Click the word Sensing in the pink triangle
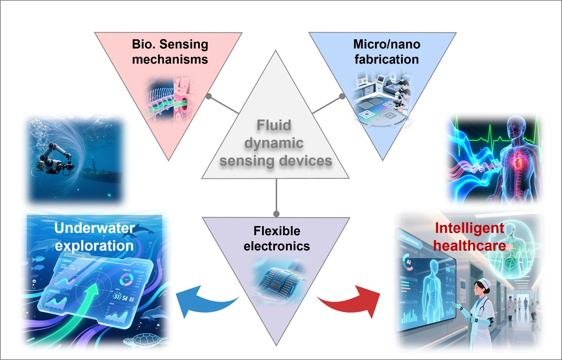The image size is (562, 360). tap(184, 45)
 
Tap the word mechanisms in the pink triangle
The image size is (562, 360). tap(170, 59)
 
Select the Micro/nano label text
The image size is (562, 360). tap(387, 44)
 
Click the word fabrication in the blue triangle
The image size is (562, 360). tap(387, 59)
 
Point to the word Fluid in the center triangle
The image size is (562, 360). tap(274, 125)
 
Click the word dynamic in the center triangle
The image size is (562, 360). tap(274, 143)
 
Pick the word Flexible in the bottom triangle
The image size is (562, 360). tap(277, 231)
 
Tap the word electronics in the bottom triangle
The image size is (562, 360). tap(277, 246)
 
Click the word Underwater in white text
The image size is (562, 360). tap(94, 228)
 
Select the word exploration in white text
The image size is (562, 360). tap(94, 246)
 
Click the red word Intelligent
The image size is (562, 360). tap(470, 228)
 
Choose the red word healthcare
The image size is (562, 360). tap(470, 245)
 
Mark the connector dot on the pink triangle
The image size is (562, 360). tap(209, 96)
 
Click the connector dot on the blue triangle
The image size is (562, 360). tap(342, 96)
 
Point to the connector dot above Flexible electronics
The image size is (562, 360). tap(276, 214)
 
